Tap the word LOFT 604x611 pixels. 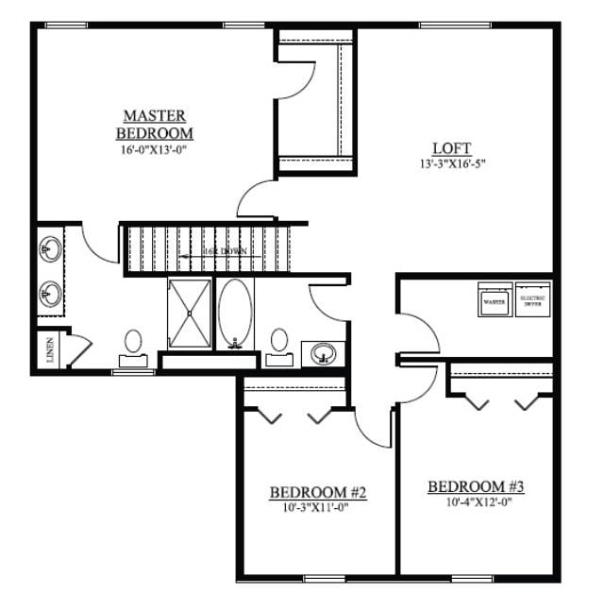point(451,148)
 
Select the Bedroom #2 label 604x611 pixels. point(317,492)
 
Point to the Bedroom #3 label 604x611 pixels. point(476,487)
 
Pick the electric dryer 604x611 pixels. point(533,300)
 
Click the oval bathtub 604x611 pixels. point(235,313)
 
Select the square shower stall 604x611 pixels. point(191,313)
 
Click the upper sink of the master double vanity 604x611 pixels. point(49,250)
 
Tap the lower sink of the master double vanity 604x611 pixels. point(49,296)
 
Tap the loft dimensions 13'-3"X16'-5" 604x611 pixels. point(451,163)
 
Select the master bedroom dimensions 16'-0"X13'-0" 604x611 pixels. point(156,149)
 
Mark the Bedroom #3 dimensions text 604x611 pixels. point(476,502)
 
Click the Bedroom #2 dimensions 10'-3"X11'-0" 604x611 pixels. point(317,507)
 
